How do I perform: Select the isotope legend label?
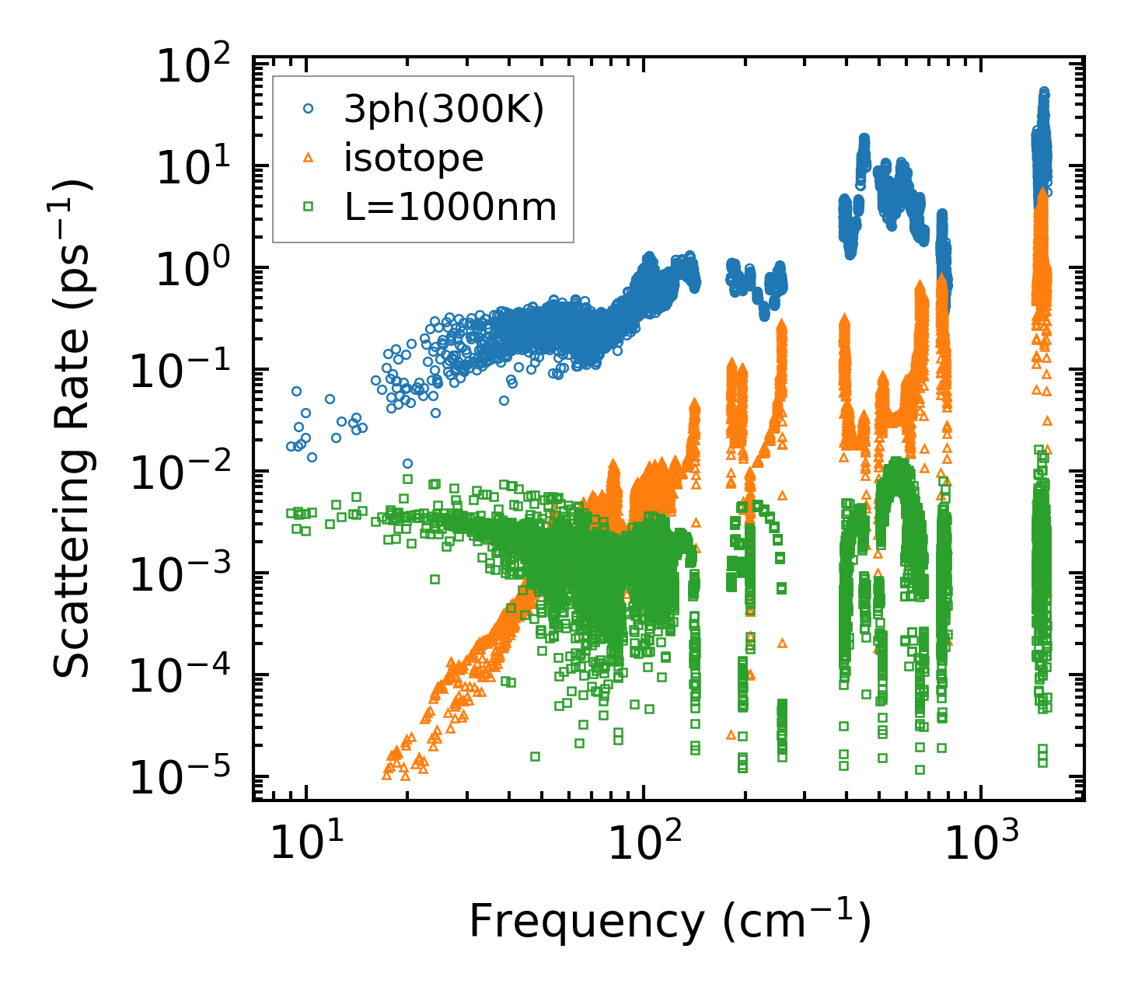click(414, 158)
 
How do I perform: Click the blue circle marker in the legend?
click(309, 110)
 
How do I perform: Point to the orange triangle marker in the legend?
click(309, 158)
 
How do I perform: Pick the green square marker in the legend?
click(309, 207)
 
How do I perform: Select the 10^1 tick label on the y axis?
click(197, 168)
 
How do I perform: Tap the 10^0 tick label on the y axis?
click(197, 270)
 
